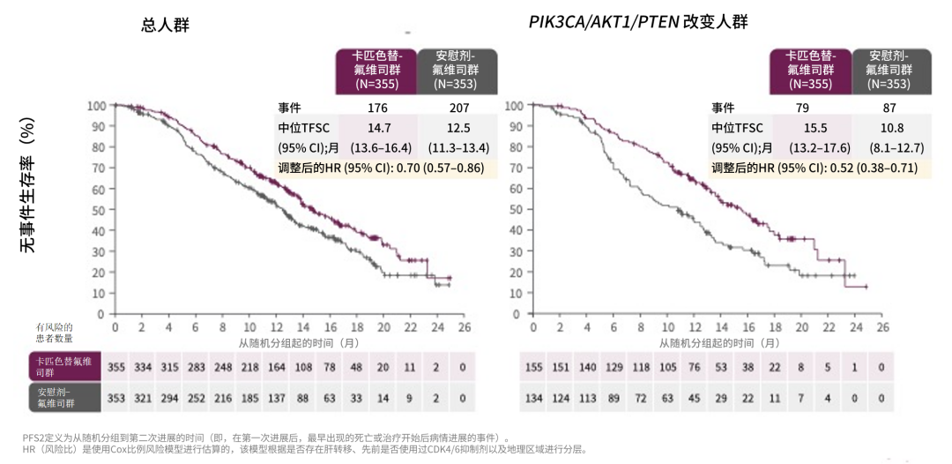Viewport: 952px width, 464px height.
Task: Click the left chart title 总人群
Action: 165,26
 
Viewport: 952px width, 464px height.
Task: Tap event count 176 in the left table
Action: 377,108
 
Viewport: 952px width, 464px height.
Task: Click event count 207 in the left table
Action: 457,108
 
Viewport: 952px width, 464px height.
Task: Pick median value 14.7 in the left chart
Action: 378,128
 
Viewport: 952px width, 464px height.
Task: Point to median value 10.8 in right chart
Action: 889,128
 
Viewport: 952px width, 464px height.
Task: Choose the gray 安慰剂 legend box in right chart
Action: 889,71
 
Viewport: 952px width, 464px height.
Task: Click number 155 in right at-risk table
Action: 534,366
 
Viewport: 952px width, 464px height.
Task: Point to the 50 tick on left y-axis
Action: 97,210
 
